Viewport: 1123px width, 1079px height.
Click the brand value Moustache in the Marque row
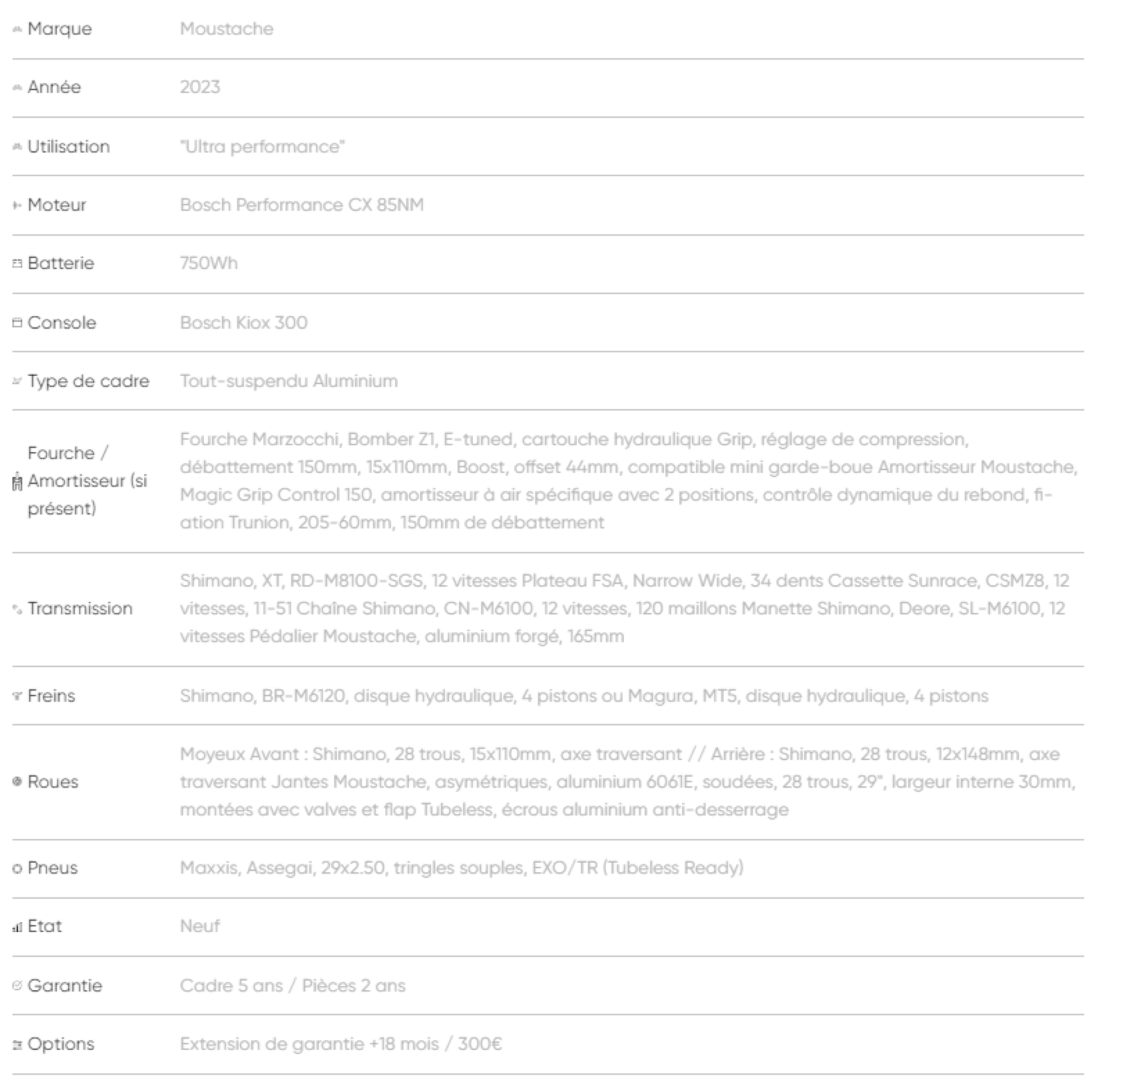coord(226,29)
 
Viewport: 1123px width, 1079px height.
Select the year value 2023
coord(200,87)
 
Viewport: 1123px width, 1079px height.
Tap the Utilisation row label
coord(68,147)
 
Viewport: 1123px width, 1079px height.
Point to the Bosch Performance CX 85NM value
coord(302,205)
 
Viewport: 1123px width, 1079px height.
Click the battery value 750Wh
coord(208,263)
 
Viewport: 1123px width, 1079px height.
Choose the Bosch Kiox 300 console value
coord(244,322)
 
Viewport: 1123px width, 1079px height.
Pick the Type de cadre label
coord(88,381)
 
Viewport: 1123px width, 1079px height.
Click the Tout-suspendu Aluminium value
coord(289,381)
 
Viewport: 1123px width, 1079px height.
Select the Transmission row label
coord(80,608)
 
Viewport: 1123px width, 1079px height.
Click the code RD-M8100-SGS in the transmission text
coord(357,581)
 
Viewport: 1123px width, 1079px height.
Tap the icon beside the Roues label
coord(17,782)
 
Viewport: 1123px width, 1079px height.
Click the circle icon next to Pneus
coord(17,869)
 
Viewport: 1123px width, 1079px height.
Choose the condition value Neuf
coord(199,927)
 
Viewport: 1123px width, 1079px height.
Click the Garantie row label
coord(65,986)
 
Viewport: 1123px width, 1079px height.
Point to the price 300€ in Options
coord(480,1044)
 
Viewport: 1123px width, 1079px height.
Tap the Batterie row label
coord(61,263)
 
